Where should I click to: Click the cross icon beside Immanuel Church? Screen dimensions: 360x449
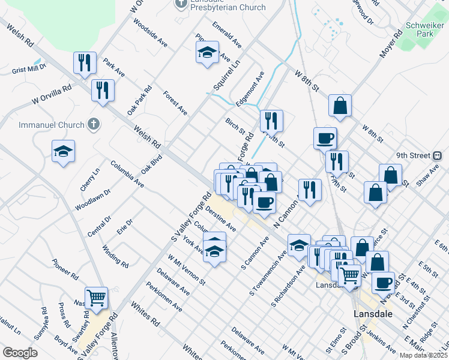[x=92, y=124]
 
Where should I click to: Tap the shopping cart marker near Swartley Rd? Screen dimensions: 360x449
[x=96, y=297]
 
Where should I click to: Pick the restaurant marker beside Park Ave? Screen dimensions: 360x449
[x=85, y=62]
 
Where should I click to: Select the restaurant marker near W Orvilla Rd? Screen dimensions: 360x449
[x=103, y=90]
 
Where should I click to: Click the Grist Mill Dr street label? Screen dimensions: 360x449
[x=28, y=70]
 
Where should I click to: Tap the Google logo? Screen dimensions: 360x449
[x=20, y=353]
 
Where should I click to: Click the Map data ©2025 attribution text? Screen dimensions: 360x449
[x=423, y=355]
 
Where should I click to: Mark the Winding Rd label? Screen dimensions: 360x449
[x=115, y=256]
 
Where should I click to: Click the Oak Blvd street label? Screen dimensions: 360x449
[x=152, y=164]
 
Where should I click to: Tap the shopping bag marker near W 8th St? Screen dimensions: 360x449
[x=340, y=106]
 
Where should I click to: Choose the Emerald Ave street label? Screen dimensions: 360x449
[x=226, y=35]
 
